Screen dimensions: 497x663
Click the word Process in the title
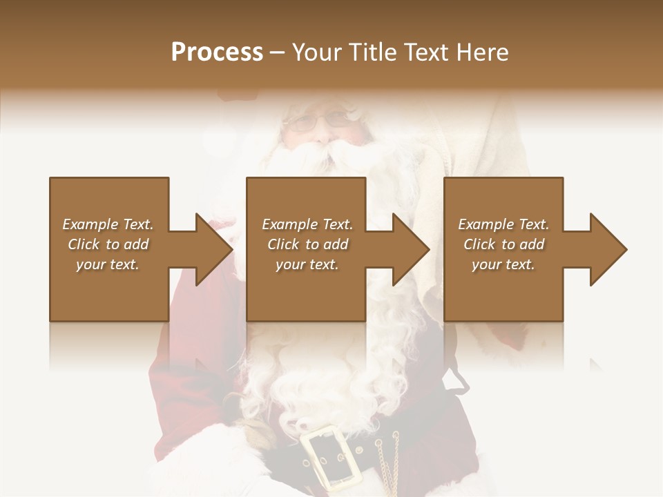pyautogui.click(x=217, y=52)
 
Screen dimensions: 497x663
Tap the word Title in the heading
pyautogui.click(x=370, y=52)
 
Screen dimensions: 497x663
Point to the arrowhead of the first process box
pyautogui.click(x=215, y=249)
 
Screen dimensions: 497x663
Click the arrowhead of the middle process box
pyautogui.click(x=412, y=249)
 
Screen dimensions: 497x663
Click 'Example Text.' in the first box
pyautogui.click(x=108, y=224)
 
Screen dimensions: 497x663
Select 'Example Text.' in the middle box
pyautogui.click(x=307, y=224)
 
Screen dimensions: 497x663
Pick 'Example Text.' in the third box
pyautogui.click(x=503, y=224)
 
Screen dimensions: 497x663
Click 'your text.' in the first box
pyautogui.click(x=108, y=264)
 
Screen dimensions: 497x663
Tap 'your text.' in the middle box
pyautogui.click(x=307, y=264)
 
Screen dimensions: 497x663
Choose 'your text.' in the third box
pyautogui.click(x=503, y=264)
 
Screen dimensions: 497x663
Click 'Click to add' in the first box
pyautogui.click(x=108, y=244)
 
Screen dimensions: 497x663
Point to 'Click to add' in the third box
pyautogui.click(x=503, y=244)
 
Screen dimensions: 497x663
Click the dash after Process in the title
pyautogui.click(x=278, y=52)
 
